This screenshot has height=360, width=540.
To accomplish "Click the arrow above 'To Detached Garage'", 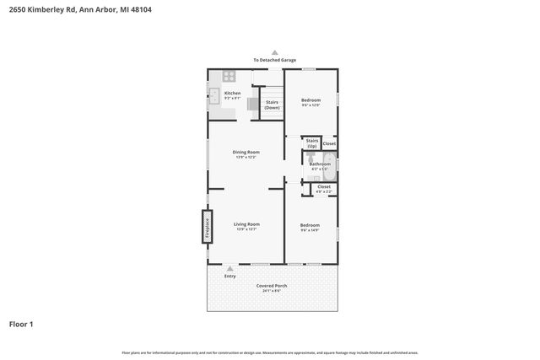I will pos(273,52).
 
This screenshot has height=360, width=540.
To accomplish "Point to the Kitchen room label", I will pos(232,94).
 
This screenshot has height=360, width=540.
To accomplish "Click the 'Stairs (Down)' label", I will pos(272,105).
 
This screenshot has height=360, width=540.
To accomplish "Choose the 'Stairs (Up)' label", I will pos(311,143).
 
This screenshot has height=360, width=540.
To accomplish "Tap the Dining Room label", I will pos(245,153).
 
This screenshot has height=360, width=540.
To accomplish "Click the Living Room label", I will pos(246,225).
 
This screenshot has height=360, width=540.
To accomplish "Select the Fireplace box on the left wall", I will pos(204,226).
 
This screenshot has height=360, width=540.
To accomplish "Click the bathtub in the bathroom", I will pos(332,166).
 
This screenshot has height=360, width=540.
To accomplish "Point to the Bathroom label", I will pos(320,164).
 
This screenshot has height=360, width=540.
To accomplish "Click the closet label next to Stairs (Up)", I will pos(329,143).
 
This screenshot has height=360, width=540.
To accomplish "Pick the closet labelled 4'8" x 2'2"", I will pos(324,188).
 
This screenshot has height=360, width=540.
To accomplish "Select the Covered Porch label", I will pos(273,286).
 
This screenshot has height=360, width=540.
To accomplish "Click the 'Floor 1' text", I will pos(21,324).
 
